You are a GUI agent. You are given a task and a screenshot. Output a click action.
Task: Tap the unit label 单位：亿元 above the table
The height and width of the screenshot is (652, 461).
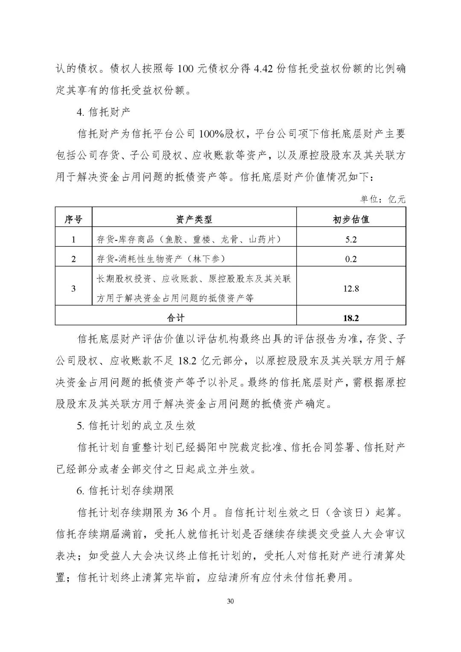383,199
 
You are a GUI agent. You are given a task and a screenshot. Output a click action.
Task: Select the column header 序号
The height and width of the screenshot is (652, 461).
73,219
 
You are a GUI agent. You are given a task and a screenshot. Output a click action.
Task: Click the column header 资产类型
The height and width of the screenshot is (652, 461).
194,219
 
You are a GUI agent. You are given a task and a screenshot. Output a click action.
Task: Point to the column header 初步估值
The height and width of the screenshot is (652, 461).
351,219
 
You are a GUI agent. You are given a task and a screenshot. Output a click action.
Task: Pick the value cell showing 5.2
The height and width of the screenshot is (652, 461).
351,240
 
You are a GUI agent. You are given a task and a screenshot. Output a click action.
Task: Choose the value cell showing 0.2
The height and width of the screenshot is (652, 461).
351,259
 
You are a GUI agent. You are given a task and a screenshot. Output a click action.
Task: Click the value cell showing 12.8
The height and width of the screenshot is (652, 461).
351,289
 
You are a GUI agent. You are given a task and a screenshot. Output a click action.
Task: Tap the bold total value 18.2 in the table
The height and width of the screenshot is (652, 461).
351,318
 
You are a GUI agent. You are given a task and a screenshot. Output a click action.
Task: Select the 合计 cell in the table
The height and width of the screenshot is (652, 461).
175,318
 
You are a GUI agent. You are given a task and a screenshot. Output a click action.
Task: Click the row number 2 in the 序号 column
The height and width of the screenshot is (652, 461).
73,259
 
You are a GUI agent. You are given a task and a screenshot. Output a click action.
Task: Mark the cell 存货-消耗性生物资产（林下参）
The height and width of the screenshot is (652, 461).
161,259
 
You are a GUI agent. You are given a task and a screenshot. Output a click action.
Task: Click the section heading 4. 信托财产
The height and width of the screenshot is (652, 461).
103,112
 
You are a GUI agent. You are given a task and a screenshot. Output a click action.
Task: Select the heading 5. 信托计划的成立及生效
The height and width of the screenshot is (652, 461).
136,425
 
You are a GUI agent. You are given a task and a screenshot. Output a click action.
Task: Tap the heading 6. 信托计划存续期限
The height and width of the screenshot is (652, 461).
125,491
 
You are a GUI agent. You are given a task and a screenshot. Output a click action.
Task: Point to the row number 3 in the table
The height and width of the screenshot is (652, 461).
73,289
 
